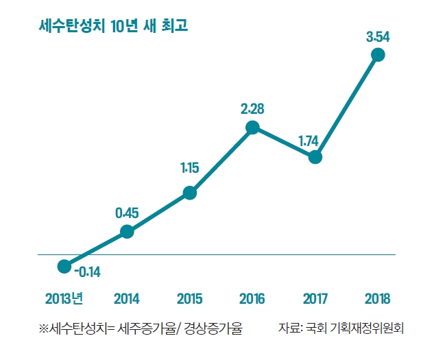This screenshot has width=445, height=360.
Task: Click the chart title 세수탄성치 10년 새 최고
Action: pos(114,27)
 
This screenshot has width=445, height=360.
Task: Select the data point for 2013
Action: pos(64,265)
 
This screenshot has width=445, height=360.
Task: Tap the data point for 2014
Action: pos(127,231)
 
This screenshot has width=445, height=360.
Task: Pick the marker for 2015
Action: pos(190,193)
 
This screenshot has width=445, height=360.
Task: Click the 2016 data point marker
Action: pos(252,127)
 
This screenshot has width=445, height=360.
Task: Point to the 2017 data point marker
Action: pos(315,157)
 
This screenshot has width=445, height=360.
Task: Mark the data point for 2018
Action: pos(378,56)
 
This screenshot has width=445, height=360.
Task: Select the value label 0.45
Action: pos(127,213)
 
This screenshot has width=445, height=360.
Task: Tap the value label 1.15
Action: pos(190,168)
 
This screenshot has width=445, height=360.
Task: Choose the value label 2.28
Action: pos(252,108)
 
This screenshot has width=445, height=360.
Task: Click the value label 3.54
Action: pos(378,37)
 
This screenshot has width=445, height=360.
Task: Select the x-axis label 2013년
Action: pos(64,299)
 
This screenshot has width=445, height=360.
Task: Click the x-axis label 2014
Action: pos(127,299)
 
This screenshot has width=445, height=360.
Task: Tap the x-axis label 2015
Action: pos(190,299)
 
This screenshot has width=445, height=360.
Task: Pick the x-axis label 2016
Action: pos(252,299)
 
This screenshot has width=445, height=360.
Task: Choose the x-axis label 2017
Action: pos(315,299)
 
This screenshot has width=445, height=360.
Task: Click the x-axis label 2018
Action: pos(378,299)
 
